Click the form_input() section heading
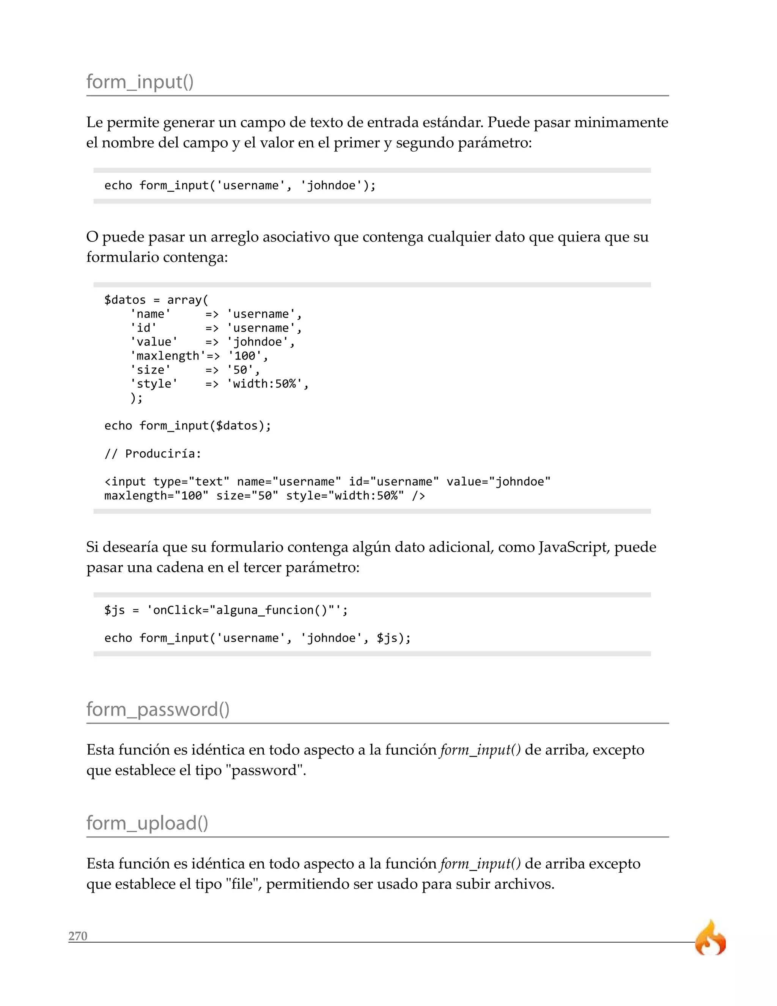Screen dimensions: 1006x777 140,82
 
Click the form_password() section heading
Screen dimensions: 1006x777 158,710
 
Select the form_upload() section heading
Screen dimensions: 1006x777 147,823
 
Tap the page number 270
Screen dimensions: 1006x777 78,936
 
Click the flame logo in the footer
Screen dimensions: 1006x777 710,938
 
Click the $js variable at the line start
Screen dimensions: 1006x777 115,610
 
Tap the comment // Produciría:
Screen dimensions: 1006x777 153,454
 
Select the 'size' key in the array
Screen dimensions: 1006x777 151,370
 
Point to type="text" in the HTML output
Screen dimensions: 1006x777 191,482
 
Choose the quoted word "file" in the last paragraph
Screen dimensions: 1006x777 241,884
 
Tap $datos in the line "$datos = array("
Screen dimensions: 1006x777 125,300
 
